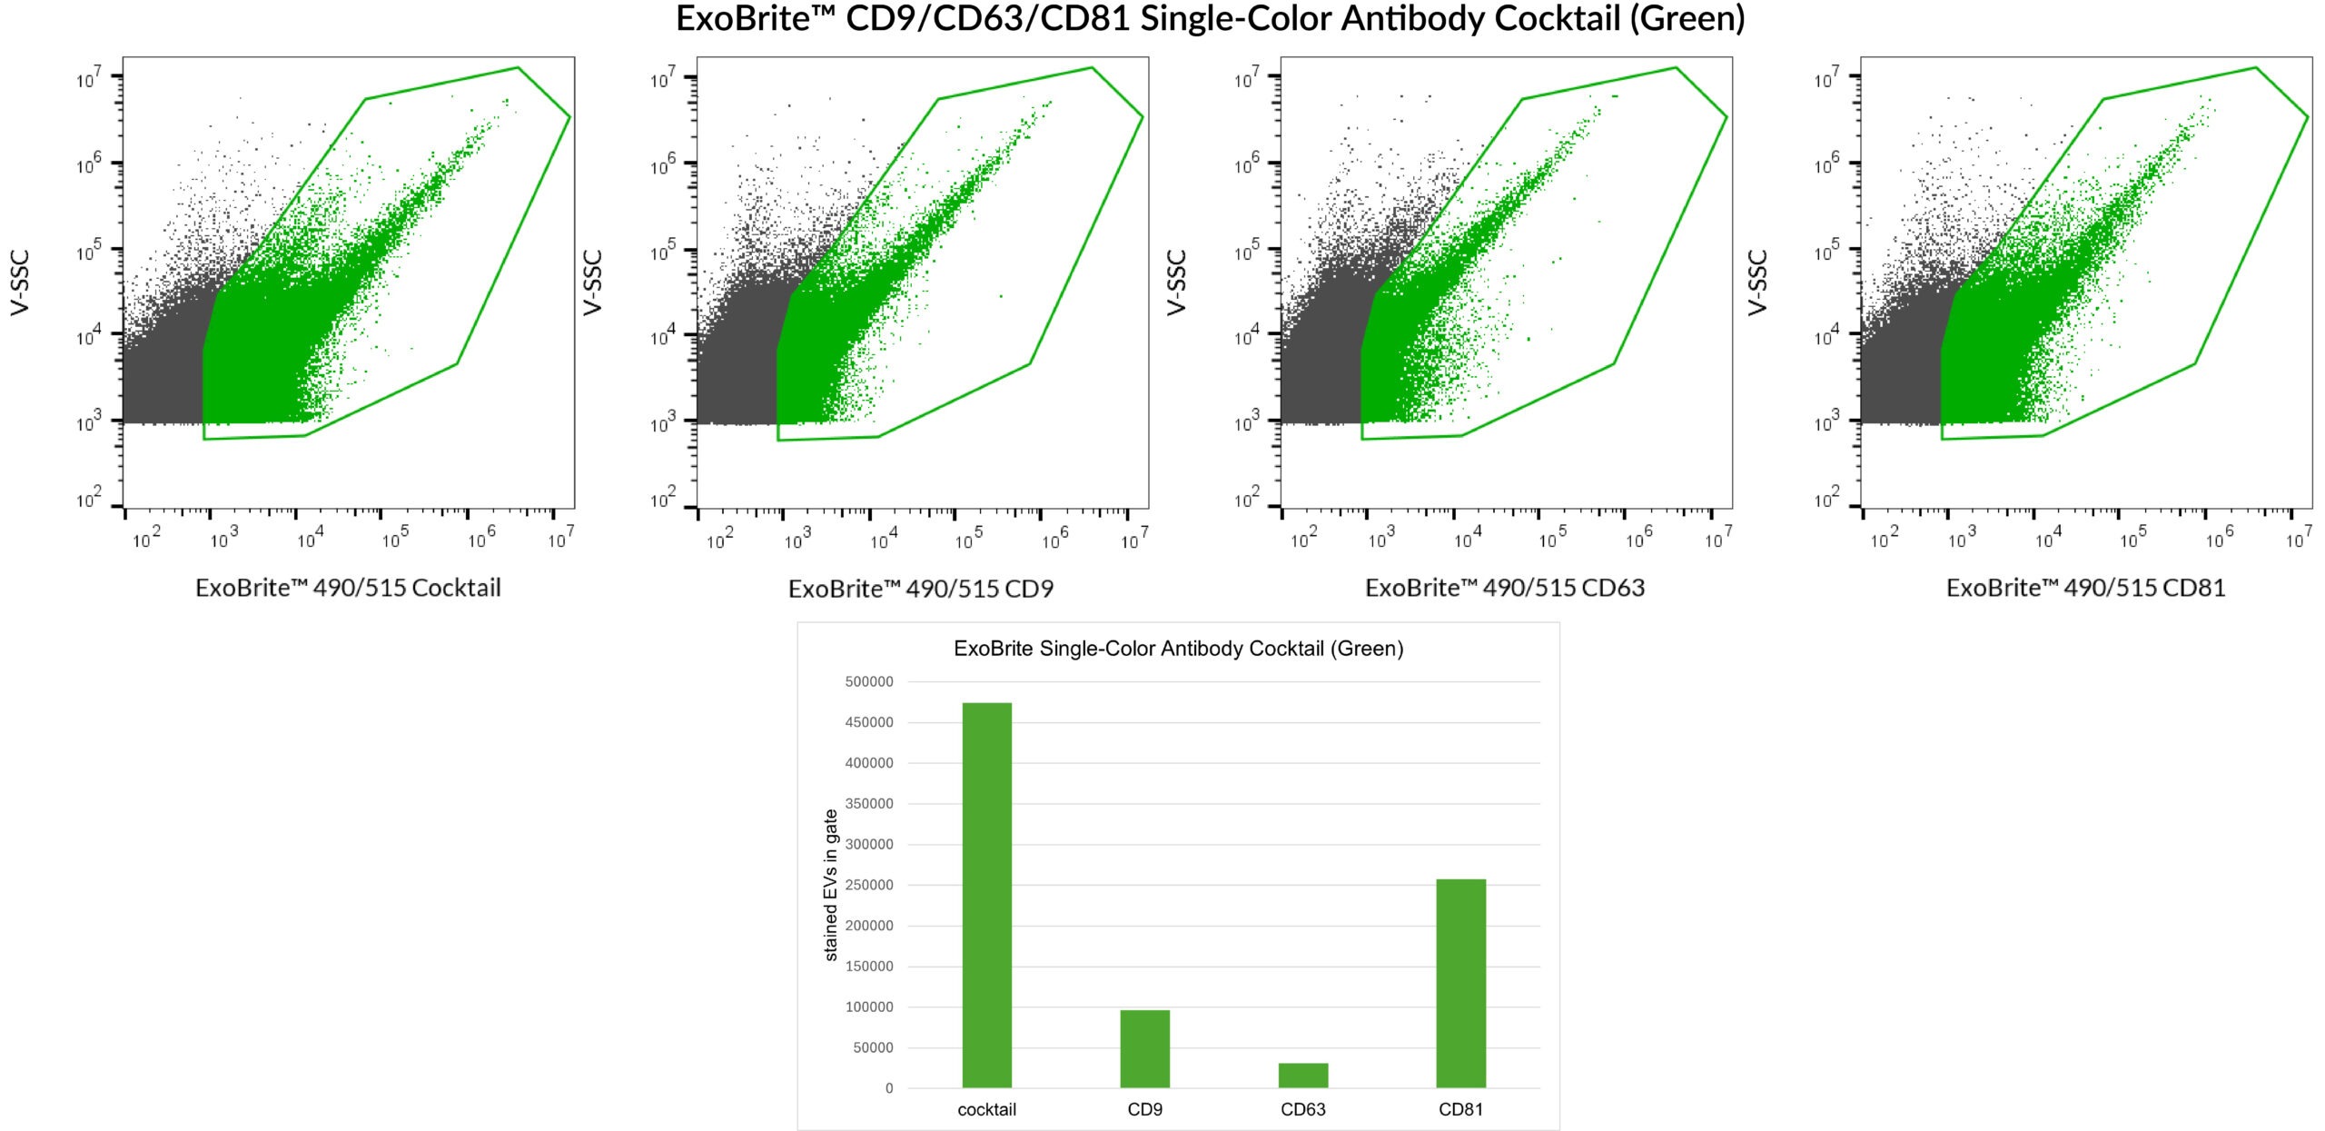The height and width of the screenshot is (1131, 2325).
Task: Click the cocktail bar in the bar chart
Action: tap(986, 895)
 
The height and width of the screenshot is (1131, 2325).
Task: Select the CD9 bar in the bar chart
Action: tap(1144, 1048)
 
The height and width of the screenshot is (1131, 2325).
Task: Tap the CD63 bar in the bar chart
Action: tap(1302, 1075)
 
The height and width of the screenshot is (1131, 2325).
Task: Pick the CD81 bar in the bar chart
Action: tap(1460, 983)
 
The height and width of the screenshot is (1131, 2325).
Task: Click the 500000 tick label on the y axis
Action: tap(869, 681)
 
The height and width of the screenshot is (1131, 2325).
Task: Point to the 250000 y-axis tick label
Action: tap(869, 885)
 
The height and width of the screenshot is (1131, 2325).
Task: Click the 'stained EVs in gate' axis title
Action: tap(830, 885)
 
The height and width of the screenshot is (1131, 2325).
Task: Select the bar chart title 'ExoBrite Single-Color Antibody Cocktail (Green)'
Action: tap(1178, 649)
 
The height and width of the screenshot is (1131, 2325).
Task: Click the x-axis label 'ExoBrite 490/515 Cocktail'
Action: tap(348, 588)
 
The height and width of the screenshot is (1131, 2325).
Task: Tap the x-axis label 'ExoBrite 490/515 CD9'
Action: tap(921, 589)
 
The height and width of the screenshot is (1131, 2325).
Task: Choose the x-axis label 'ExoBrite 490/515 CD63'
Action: tap(1505, 588)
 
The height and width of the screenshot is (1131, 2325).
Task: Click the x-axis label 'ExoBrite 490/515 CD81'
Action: tap(2085, 588)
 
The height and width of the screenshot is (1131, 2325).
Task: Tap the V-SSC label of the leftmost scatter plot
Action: tap(20, 283)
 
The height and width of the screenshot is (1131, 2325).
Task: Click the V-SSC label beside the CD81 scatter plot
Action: tap(1757, 283)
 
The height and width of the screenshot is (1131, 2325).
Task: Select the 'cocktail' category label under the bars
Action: tap(986, 1109)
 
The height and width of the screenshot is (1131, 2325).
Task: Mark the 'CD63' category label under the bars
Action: tap(1302, 1109)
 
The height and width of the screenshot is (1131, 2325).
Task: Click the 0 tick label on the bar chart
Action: tap(889, 1088)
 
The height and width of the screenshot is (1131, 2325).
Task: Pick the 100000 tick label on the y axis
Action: tap(869, 1007)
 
